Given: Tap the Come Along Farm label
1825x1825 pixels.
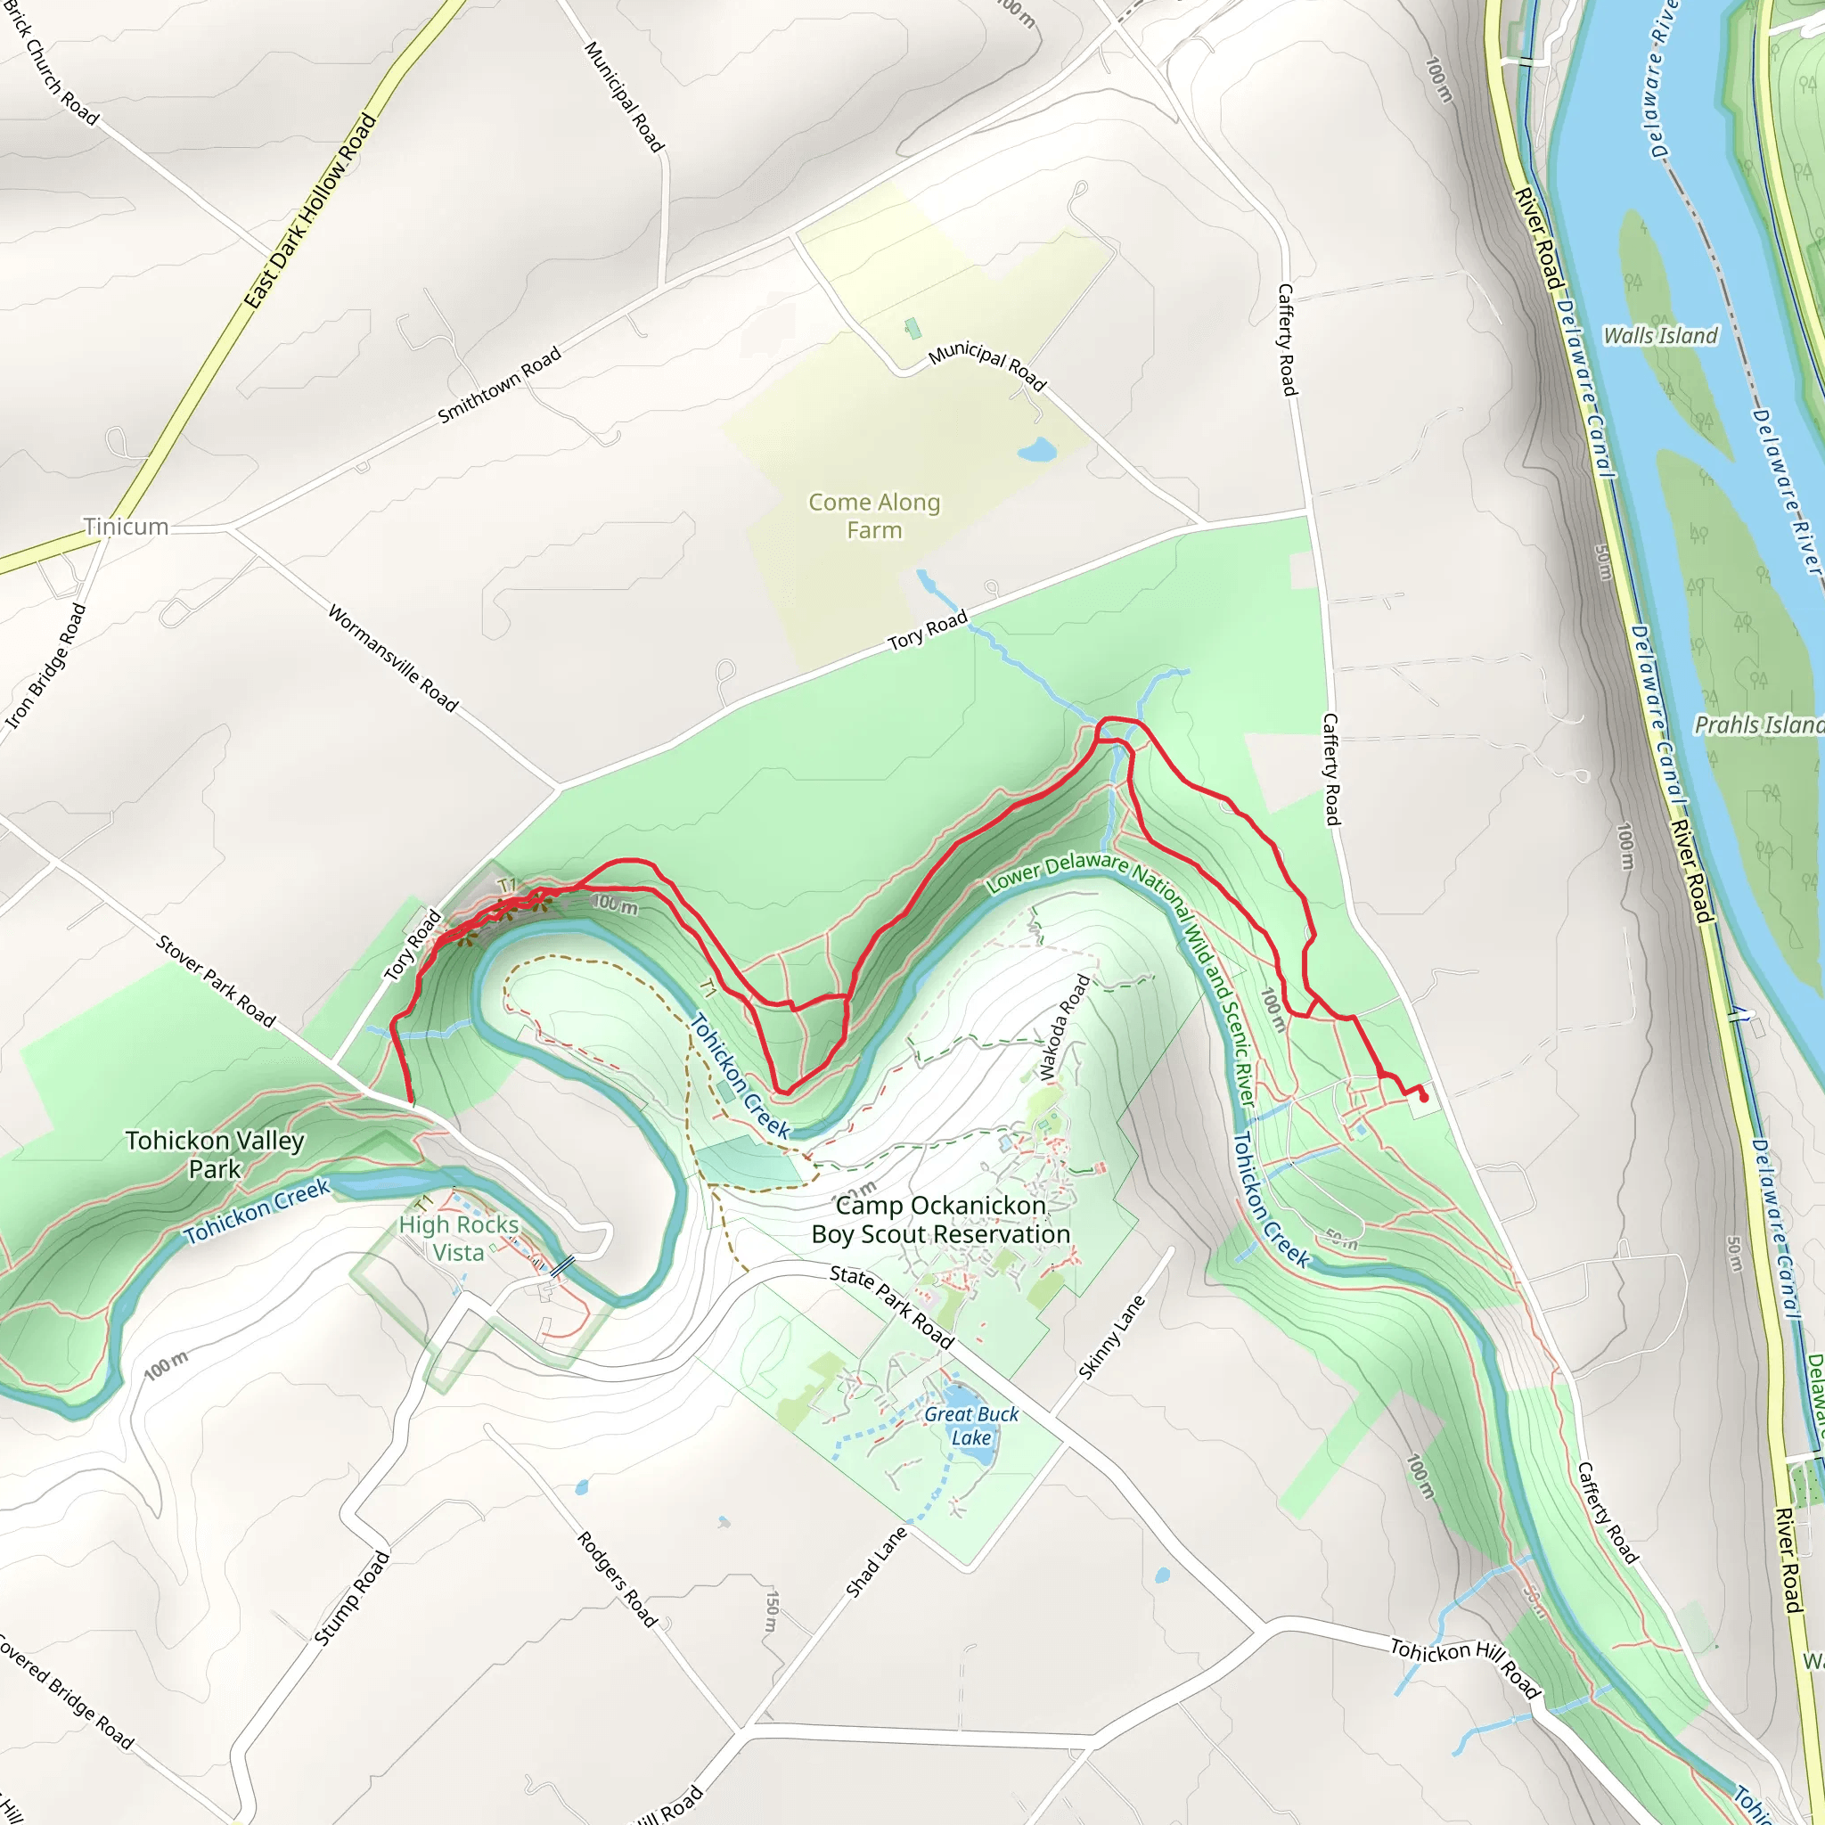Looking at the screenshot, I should point(874,516).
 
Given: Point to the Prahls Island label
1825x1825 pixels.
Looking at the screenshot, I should point(1757,724).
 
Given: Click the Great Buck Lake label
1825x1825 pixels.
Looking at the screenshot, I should point(971,1426).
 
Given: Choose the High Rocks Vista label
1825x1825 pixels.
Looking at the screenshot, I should point(459,1239).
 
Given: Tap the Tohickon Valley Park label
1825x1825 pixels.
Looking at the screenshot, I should point(216,1154).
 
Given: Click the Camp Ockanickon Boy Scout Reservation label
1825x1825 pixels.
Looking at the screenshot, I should point(941,1220).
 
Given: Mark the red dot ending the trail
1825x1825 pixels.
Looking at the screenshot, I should point(1423,1098).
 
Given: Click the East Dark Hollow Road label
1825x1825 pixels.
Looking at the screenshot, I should point(310,210).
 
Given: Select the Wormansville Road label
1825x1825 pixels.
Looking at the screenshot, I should point(393,659).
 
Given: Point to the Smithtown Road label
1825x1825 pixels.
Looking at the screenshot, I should point(499,385).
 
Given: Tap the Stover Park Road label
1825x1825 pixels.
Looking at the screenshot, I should point(216,981).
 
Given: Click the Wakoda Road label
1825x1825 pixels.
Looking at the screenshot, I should point(1065,1027).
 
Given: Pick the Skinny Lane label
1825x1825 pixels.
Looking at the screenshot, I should point(1112,1338).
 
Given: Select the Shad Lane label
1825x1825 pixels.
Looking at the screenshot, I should point(876,1562).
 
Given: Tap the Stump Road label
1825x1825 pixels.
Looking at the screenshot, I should point(351,1599).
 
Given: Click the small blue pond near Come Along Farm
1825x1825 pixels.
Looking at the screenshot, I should point(1037,449).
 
